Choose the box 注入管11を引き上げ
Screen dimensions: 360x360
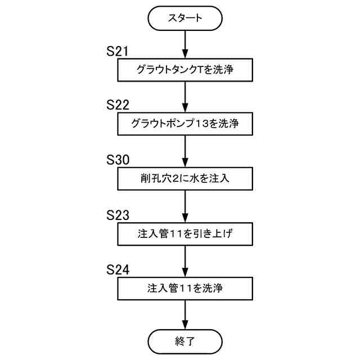point(185,233)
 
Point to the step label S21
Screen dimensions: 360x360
point(118,51)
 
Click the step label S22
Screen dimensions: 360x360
point(118,105)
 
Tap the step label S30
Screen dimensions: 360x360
point(118,160)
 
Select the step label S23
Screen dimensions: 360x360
point(118,215)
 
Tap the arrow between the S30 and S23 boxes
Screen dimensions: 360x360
point(185,206)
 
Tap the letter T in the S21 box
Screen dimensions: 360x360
point(202,70)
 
